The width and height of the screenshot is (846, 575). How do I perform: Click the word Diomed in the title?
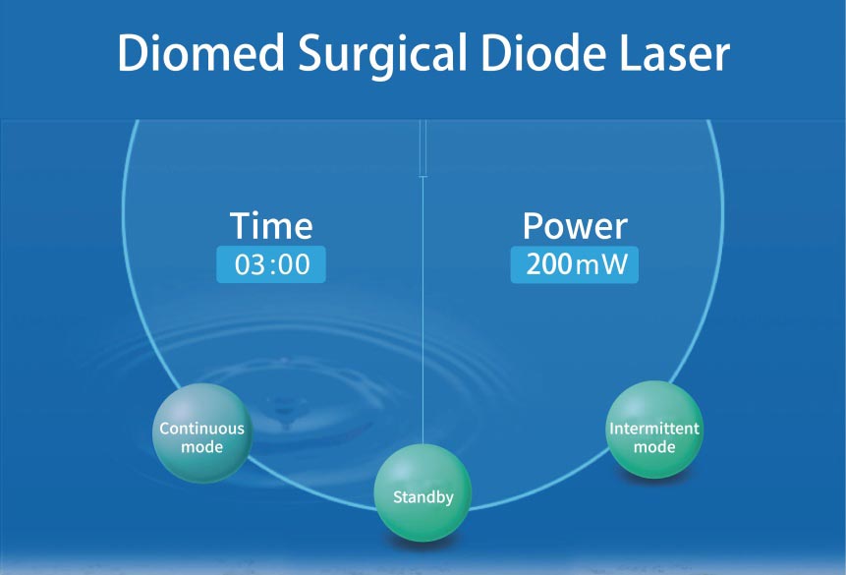(200, 52)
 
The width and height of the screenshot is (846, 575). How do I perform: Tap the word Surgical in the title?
(382, 55)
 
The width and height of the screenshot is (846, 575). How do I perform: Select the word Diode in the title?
(542, 52)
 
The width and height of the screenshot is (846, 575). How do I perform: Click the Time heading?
(271, 225)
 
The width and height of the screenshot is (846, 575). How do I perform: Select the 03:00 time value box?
(271, 264)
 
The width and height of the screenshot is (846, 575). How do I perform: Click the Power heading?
(575, 225)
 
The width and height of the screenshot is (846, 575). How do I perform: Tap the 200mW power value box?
(575, 264)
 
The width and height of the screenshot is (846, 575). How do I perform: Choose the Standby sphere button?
(423, 492)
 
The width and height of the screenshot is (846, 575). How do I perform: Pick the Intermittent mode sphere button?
(654, 430)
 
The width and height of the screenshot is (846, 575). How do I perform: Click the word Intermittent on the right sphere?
(654, 429)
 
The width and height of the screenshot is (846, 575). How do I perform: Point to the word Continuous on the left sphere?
(201, 429)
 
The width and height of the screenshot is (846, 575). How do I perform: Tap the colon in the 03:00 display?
(273, 264)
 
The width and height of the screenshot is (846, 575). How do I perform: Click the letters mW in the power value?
(601, 264)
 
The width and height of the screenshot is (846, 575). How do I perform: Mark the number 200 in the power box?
(549, 264)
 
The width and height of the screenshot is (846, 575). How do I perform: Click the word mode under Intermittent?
(654, 447)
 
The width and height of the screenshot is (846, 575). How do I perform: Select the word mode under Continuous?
(201, 447)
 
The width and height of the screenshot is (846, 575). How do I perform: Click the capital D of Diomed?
(134, 52)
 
